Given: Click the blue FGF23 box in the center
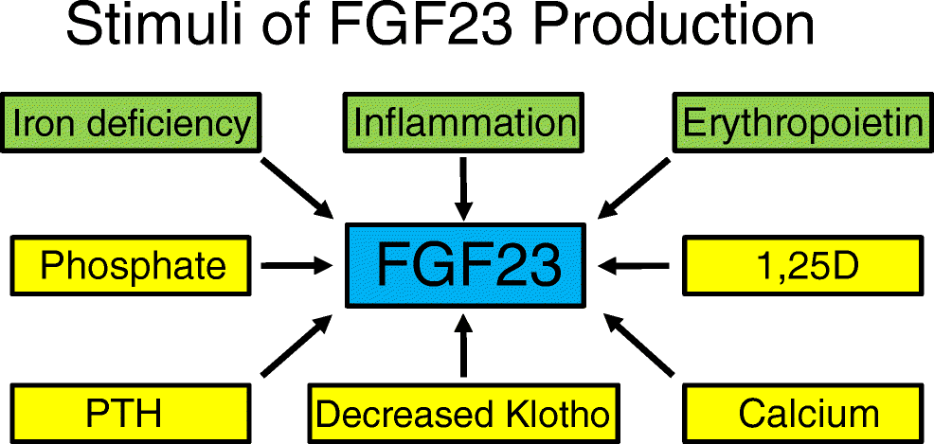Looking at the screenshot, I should [x=464, y=266].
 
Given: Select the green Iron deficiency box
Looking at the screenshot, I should [x=133, y=123].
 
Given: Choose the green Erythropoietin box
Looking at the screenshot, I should [x=800, y=123].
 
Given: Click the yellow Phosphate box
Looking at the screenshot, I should [x=133, y=266].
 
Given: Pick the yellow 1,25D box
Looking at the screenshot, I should [x=802, y=266].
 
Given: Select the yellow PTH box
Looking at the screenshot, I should [x=133, y=414].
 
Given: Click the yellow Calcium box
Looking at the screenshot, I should [x=802, y=414].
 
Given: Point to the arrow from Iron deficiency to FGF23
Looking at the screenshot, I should [x=295, y=185].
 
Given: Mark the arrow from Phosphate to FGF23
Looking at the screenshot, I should [x=296, y=266].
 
